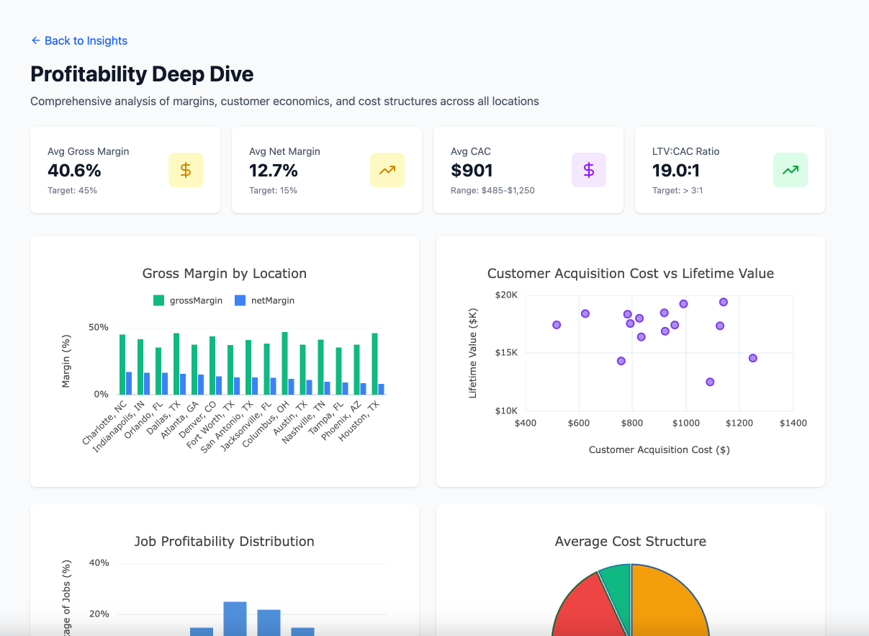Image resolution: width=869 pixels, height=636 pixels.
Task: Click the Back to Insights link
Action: click(x=79, y=41)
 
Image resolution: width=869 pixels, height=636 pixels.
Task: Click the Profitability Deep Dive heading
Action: click(x=142, y=74)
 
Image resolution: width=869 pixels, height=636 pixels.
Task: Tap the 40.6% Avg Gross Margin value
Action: click(x=74, y=171)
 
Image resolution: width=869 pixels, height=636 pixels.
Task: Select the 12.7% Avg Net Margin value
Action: click(x=274, y=171)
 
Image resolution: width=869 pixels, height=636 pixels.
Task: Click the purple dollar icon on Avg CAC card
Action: click(x=588, y=170)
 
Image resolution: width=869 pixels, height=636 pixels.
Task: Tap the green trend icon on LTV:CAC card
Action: click(x=790, y=170)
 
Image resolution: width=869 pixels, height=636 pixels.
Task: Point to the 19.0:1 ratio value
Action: click(x=676, y=171)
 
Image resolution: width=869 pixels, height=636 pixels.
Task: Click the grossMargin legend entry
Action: click(x=188, y=300)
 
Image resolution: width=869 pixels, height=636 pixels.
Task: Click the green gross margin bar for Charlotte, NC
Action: click(x=122, y=364)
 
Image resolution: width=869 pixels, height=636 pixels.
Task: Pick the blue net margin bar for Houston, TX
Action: click(x=382, y=389)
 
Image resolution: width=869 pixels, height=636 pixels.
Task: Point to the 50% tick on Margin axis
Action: click(x=99, y=327)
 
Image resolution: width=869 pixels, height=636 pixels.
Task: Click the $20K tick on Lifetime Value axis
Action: click(x=506, y=295)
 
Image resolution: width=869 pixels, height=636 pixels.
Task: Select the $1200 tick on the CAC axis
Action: click(x=739, y=424)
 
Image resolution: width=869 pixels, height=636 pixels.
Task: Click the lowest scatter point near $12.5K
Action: click(x=710, y=382)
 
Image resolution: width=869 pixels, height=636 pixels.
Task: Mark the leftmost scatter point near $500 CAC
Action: click(x=557, y=325)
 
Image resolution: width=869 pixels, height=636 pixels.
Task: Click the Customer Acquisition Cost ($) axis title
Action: click(x=659, y=449)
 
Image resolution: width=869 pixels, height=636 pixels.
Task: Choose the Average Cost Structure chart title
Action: click(x=630, y=542)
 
